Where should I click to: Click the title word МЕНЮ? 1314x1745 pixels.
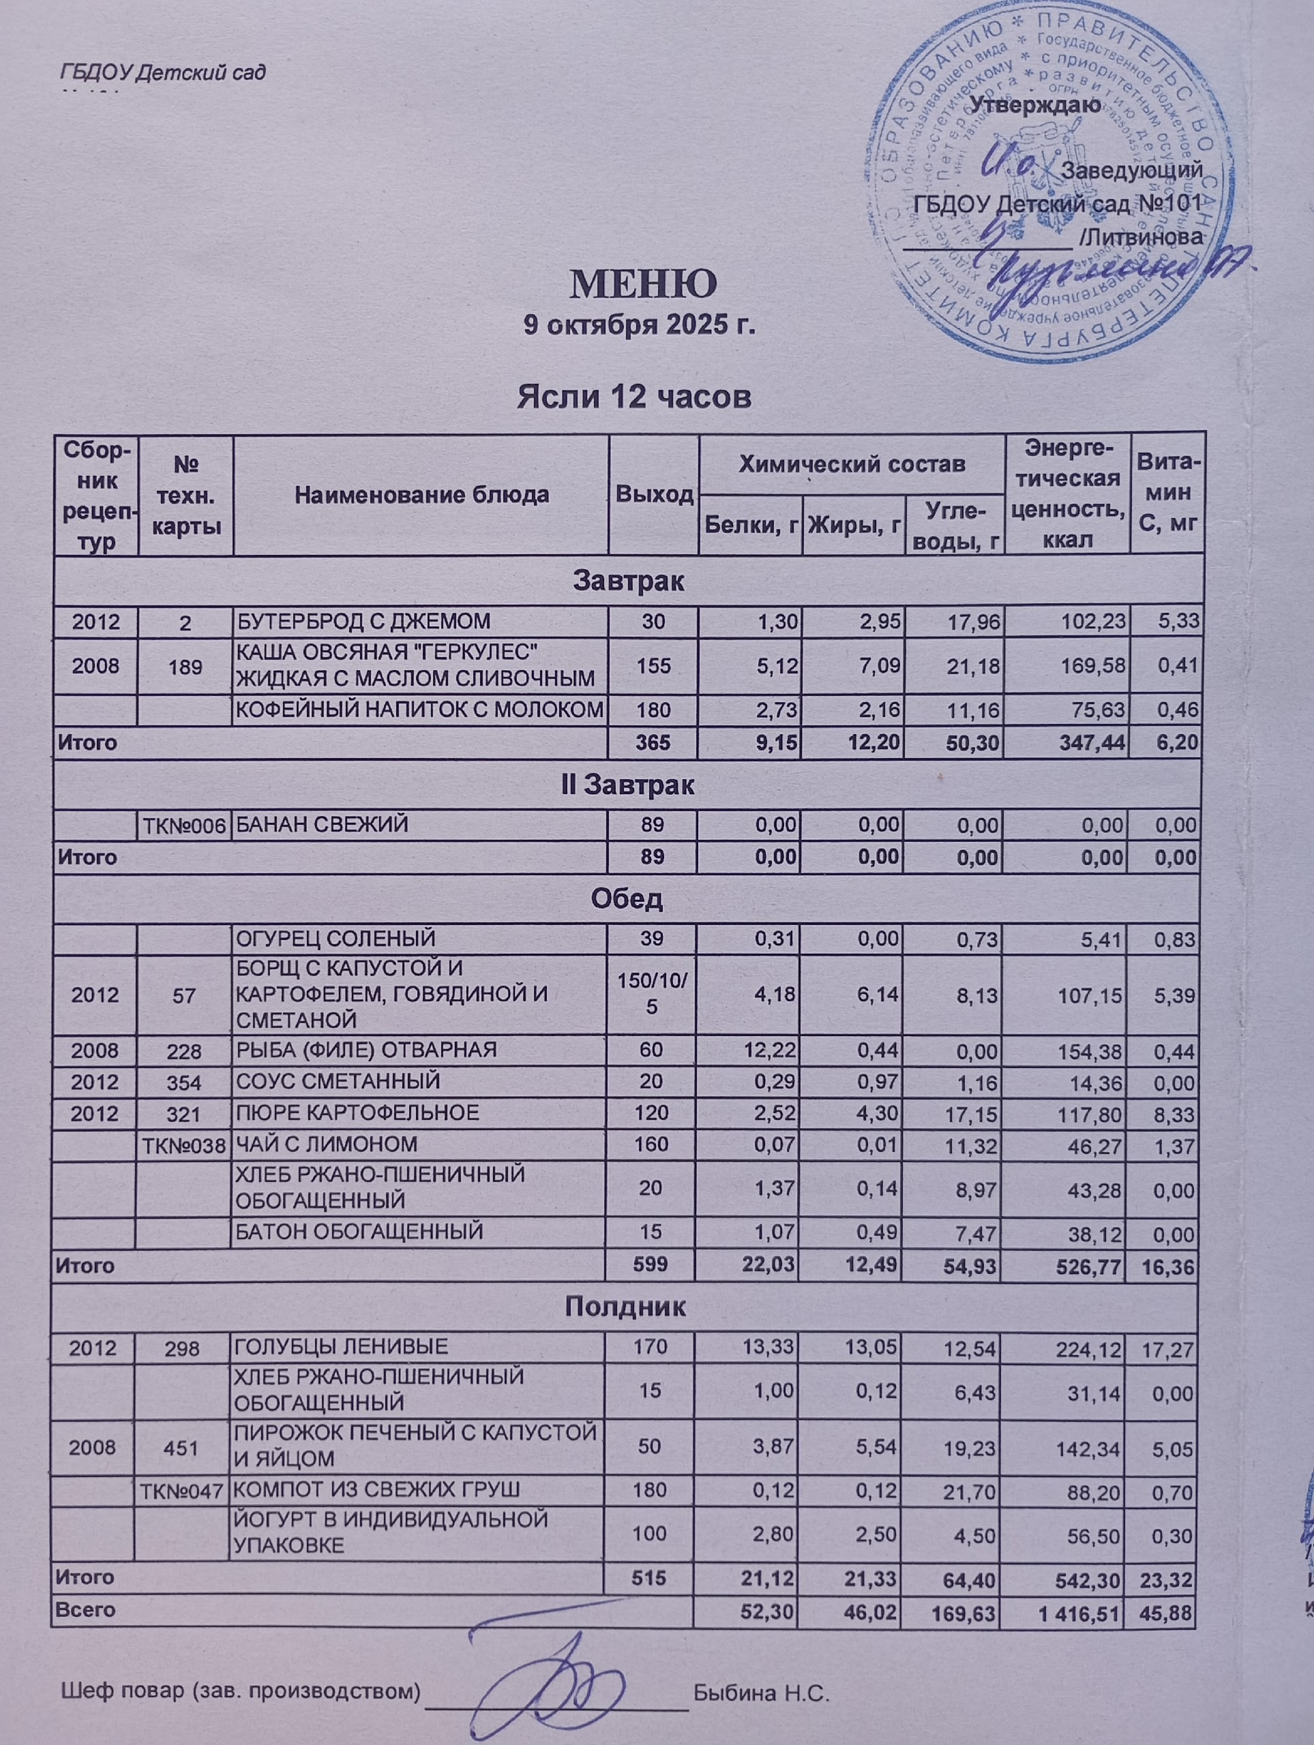(x=643, y=285)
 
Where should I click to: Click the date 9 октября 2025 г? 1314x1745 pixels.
(x=640, y=325)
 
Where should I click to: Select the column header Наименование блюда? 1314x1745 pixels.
(x=421, y=496)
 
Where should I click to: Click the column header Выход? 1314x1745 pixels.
(x=654, y=496)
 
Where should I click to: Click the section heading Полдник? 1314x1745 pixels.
(x=625, y=1307)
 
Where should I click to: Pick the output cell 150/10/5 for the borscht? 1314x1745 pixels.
(x=652, y=995)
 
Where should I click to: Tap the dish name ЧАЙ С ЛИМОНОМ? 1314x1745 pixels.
(x=327, y=1144)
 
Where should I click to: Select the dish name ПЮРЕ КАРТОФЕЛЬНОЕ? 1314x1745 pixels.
(x=357, y=1113)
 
